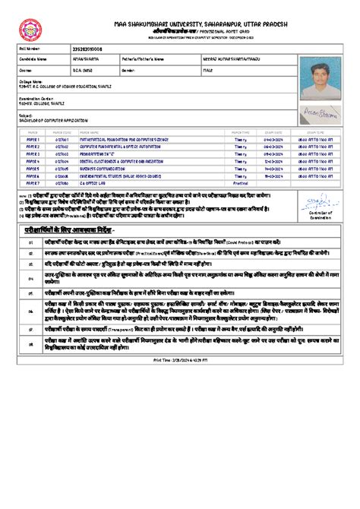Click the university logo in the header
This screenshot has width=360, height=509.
(x=31, y=29)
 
